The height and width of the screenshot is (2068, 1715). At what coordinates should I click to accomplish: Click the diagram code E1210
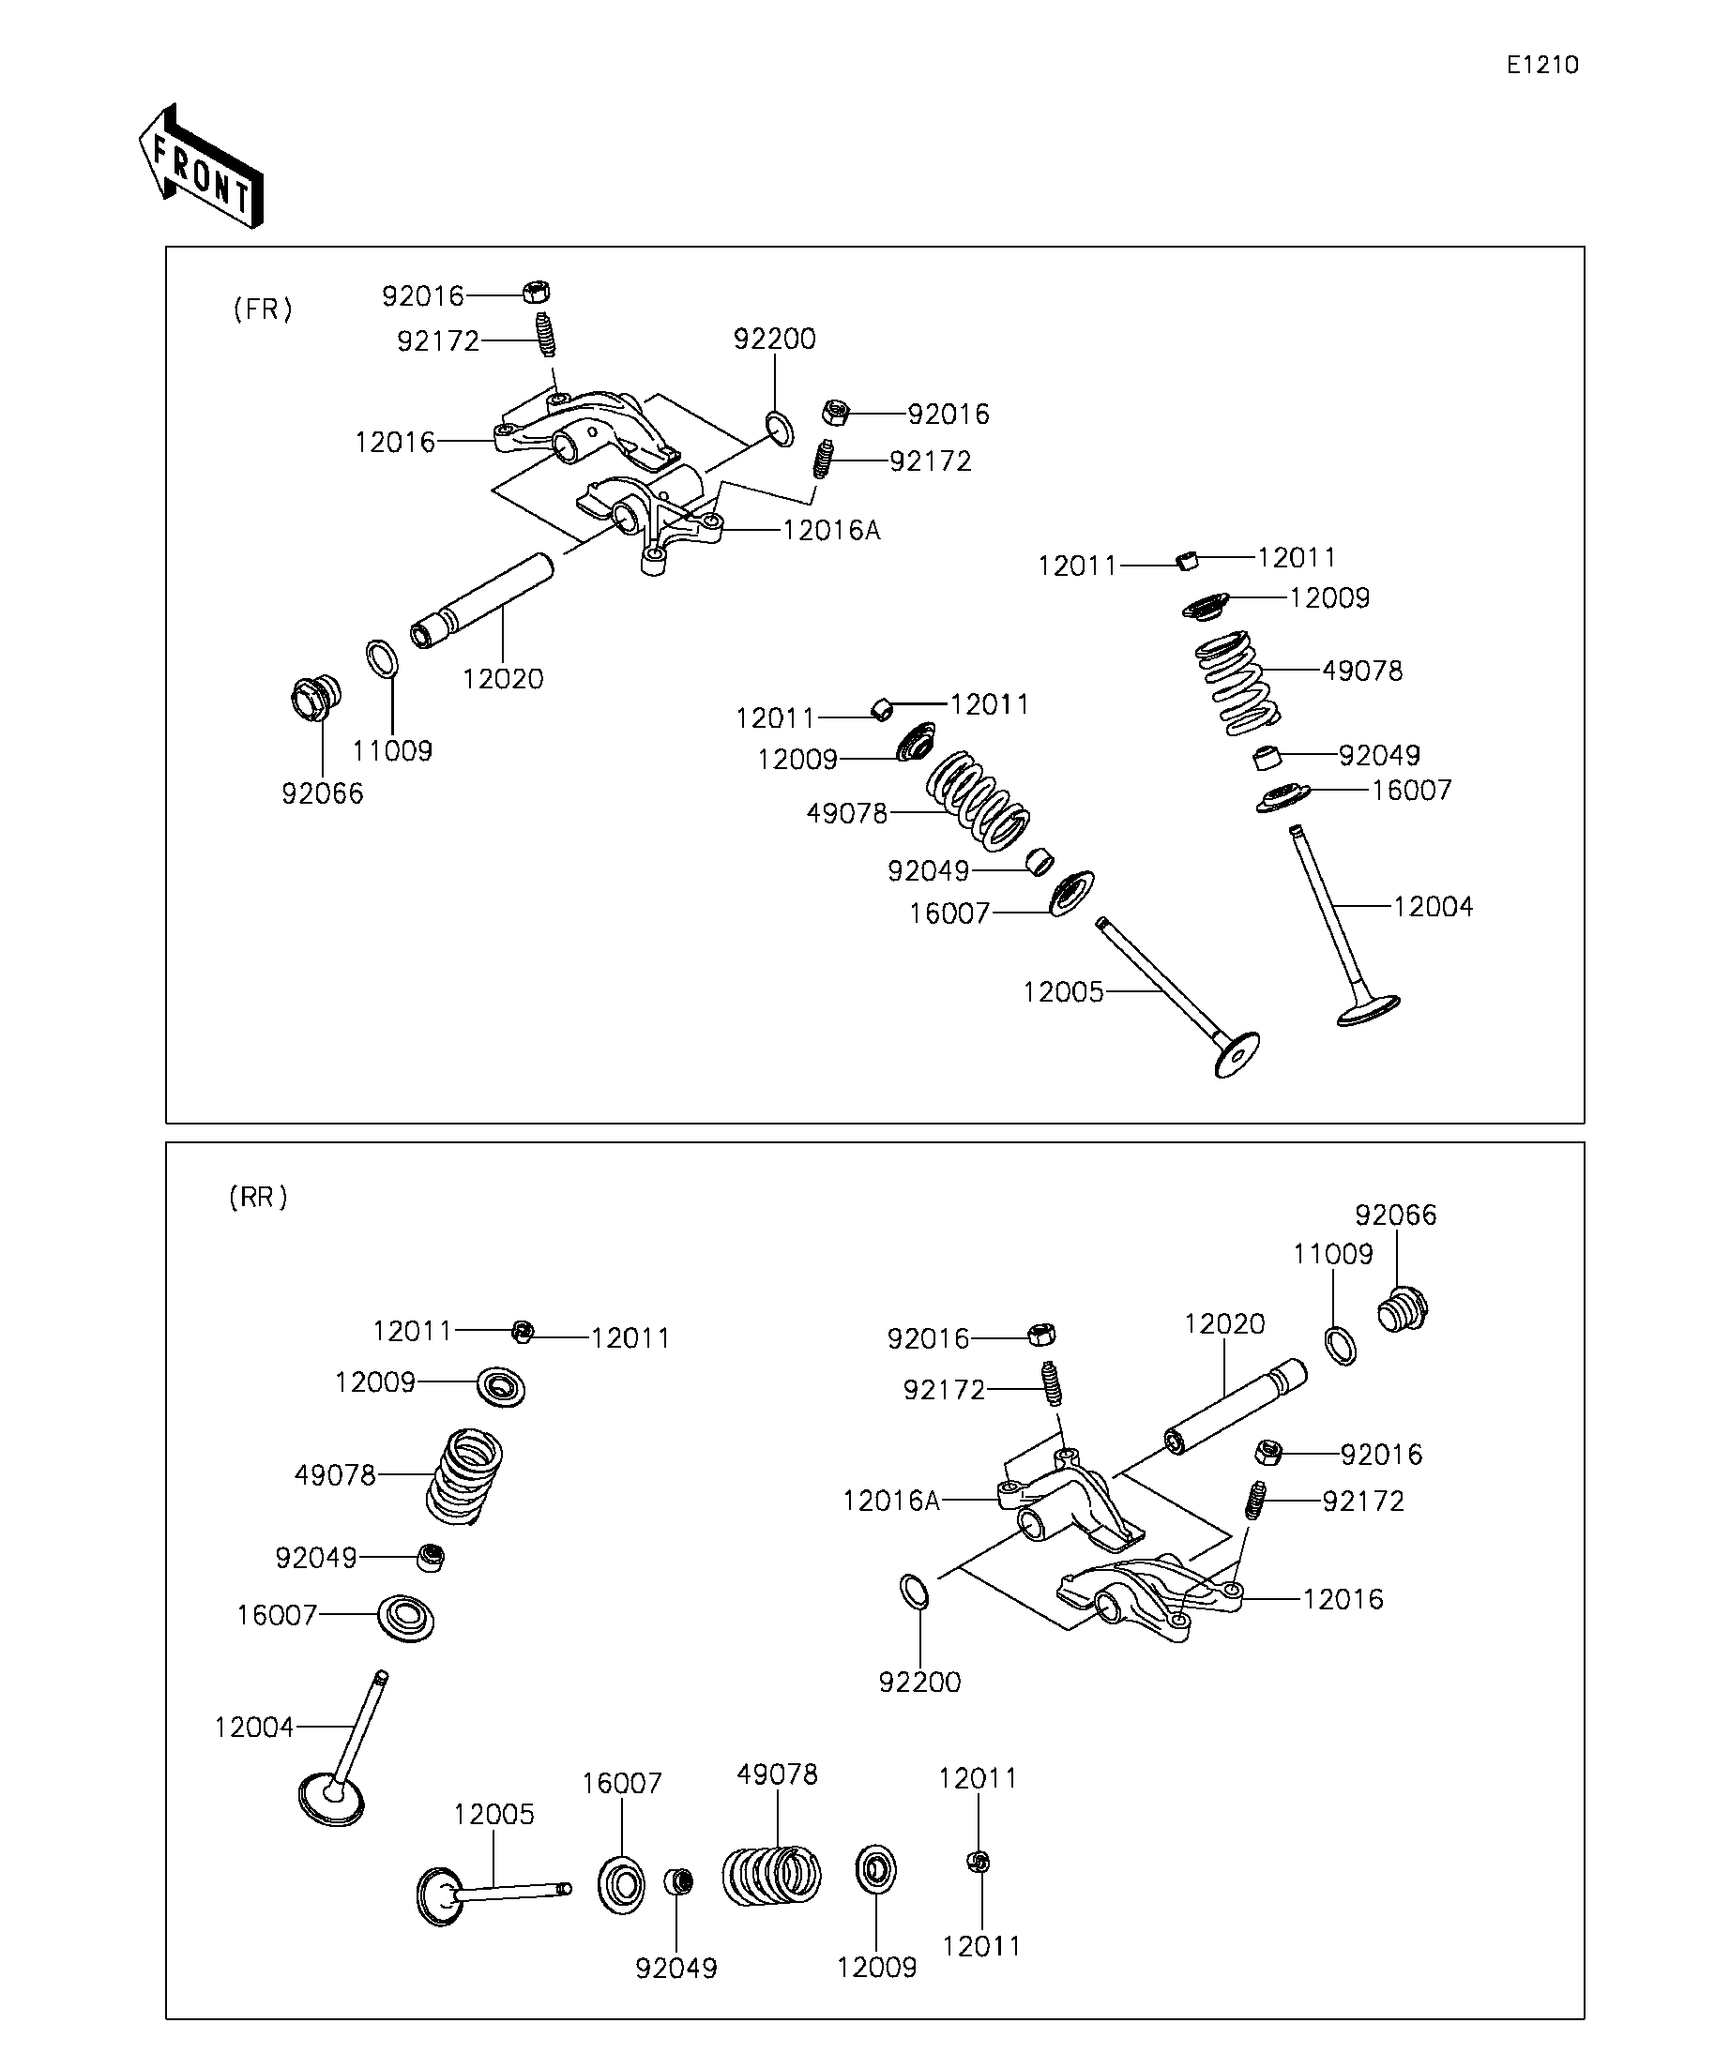pos(1541,65)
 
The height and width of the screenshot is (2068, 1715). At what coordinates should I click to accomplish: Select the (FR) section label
pos(263,309)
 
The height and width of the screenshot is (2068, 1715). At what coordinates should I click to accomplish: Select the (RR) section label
pos(258,1198)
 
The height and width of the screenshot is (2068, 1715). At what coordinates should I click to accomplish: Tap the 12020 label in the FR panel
pos(502,678)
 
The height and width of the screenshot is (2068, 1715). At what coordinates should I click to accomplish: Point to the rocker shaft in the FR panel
pos(482,600)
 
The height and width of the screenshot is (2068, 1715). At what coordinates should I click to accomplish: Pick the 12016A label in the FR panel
pos(831,531)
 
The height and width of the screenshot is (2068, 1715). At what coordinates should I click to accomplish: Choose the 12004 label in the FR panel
pos(1434,906)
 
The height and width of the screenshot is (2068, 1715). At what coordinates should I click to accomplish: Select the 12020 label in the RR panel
pos(1224,1323)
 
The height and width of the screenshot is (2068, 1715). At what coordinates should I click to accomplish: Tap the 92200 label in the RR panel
pos(919,1682)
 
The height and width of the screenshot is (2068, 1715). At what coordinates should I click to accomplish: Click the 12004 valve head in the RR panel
pos(331,1798)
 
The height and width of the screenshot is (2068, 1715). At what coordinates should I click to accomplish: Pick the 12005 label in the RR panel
pos(493,1814)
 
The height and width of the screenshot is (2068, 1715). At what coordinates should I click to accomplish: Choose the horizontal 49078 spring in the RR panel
pos(772,1874)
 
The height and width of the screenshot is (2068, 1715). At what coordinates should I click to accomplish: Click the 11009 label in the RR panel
pos(1333,1254)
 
